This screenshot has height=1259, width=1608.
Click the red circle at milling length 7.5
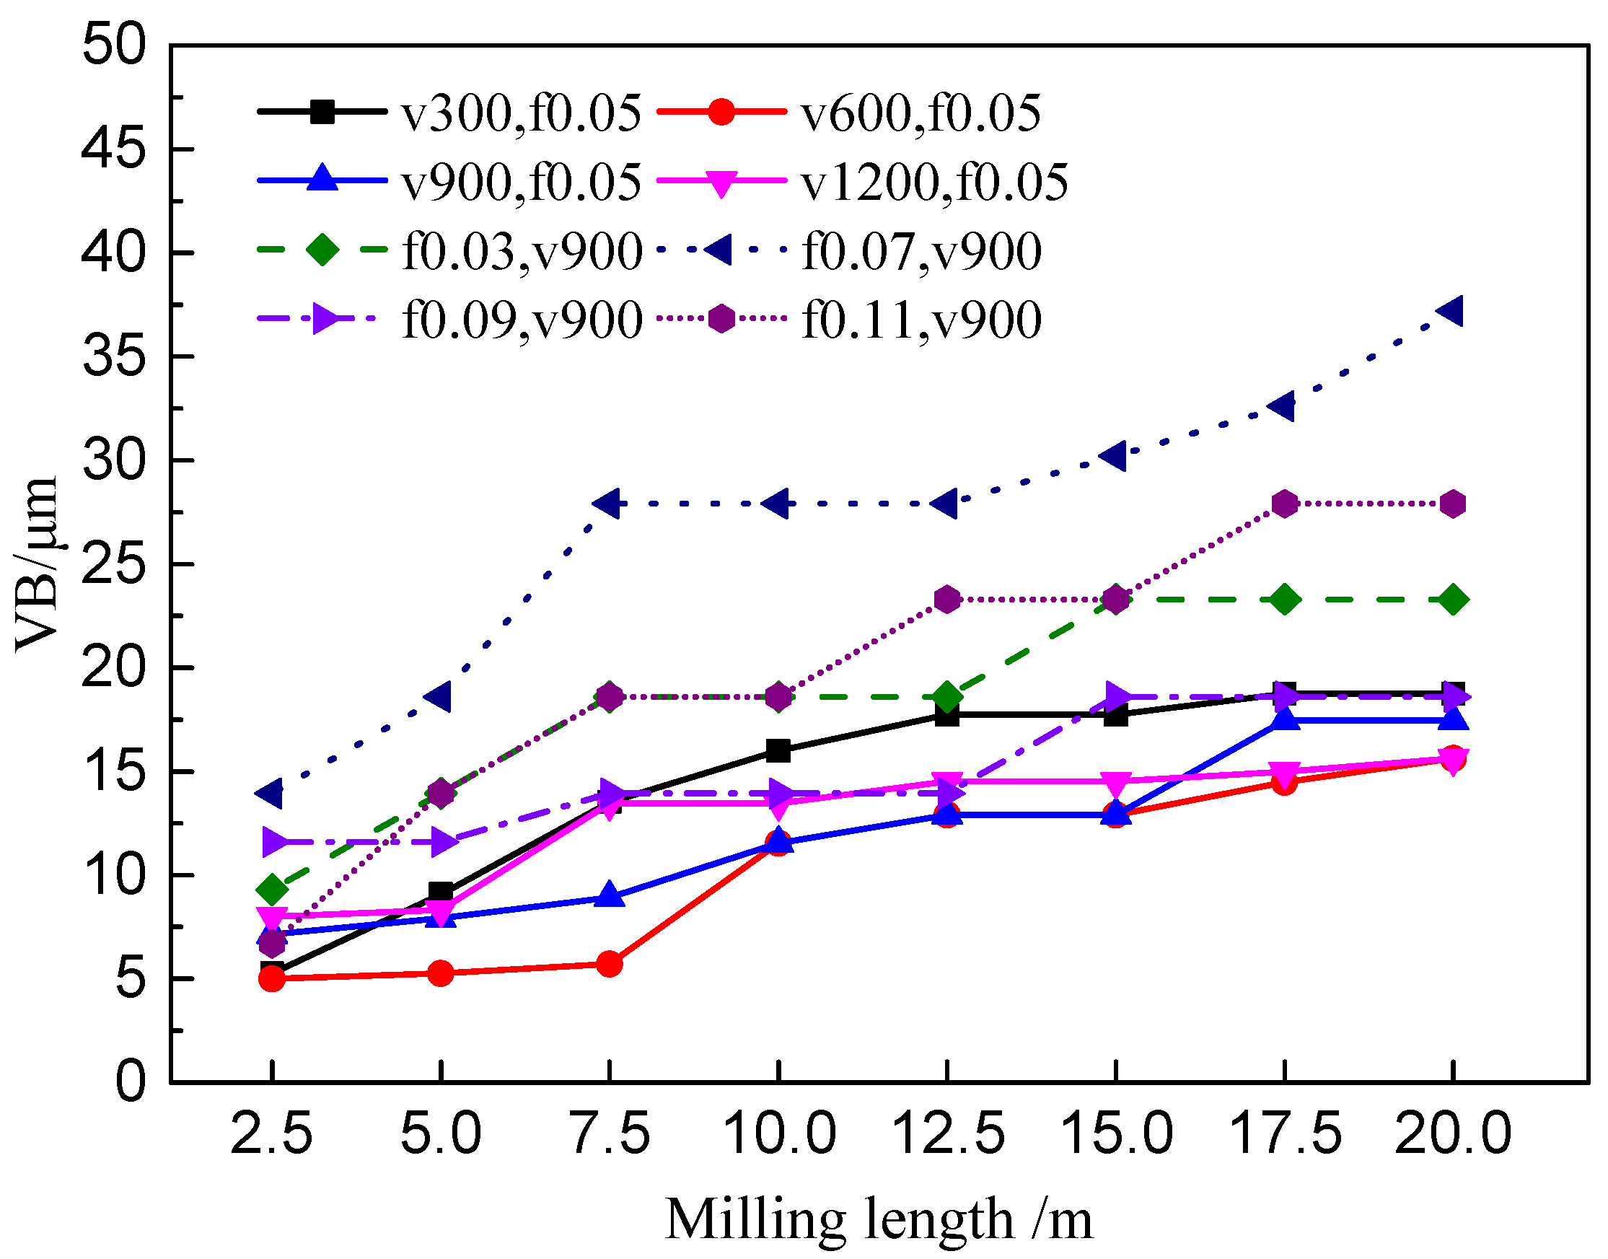[x=610, y=963]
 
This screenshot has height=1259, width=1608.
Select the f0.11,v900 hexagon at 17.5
[x=1285, y=504]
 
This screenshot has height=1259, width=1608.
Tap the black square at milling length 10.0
[x=778, y=751]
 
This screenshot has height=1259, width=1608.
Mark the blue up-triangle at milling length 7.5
[x=610, y=895]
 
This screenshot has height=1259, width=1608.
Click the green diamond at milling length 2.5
[x=272, y=890]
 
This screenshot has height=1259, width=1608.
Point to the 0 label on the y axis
[x=131, y=1082]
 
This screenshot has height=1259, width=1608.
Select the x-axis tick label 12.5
[x=948, y=1133]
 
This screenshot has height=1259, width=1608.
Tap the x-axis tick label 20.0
[x=1452, y=1133]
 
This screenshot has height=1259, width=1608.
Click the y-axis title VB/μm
[x=37, y=564]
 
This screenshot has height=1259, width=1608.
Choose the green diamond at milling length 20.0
[x=1453, y=600]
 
